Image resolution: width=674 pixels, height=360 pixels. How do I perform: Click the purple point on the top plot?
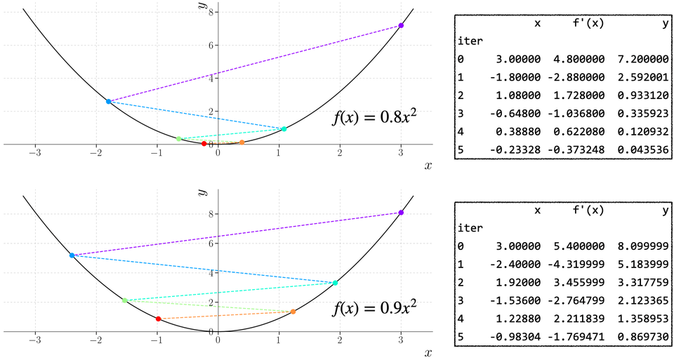tap(401, 25)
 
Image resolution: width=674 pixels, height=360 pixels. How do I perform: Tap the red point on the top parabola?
tap(204, 144)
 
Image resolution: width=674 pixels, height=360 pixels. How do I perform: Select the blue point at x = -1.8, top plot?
tap(108, 102)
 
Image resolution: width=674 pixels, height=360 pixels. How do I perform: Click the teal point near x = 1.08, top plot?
tap(284, 129)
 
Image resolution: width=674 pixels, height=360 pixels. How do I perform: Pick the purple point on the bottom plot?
tap(401, 213)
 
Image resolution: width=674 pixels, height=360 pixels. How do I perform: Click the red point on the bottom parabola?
tap(158, 319)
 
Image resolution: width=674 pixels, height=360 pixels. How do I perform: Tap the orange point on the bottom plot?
tap(293, 312)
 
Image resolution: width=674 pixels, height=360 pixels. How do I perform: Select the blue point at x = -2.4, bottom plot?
tap(72, 255)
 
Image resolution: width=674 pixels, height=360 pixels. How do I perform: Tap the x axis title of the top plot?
tap(428, 166)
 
